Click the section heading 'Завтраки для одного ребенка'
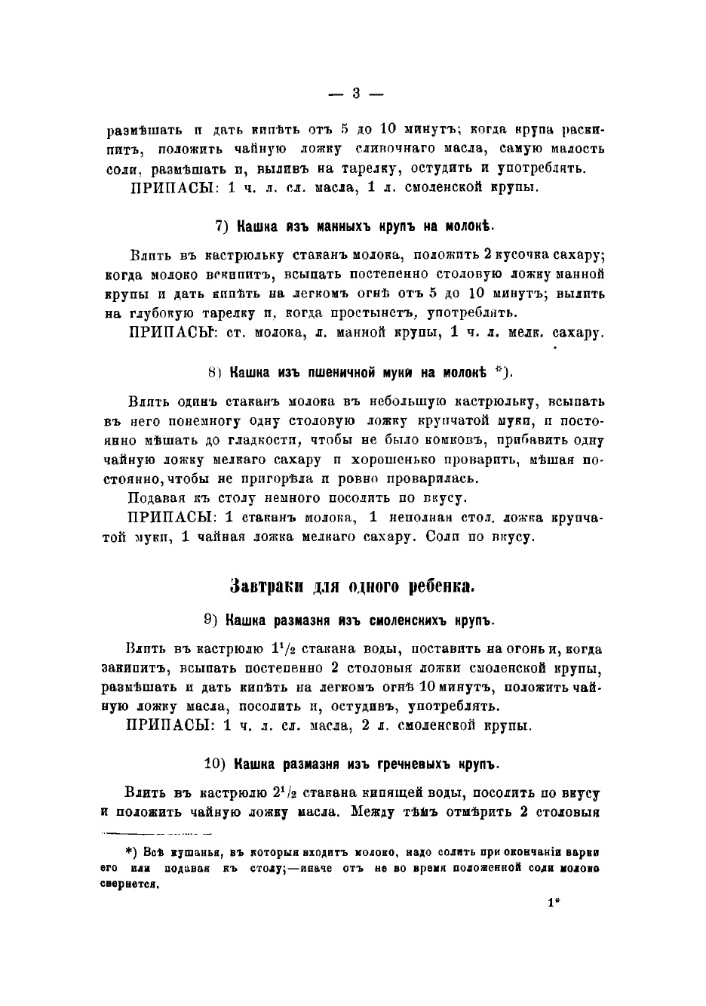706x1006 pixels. (x=351, y=586)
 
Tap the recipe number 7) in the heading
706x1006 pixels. (x=222, y=226)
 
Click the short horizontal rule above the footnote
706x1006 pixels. (x=156, y=833)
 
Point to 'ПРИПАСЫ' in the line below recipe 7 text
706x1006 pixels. (x=164, y=332)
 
